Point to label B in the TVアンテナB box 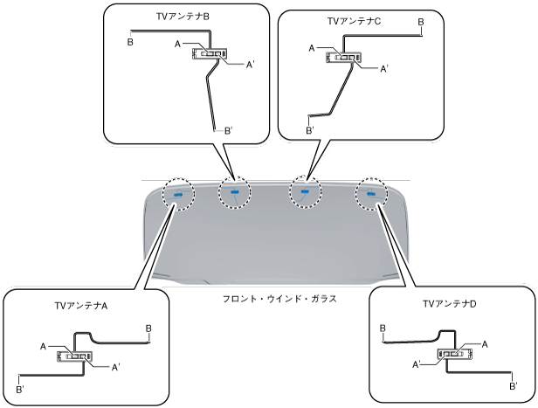[130, 41]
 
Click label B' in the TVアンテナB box [228, 129]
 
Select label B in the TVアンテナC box [421, 20]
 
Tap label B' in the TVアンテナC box [309, 130]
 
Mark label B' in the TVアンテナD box [513, 384]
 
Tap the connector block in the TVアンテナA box [74, 356]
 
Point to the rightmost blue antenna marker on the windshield [372, 194]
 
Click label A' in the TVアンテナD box [418, 363]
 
